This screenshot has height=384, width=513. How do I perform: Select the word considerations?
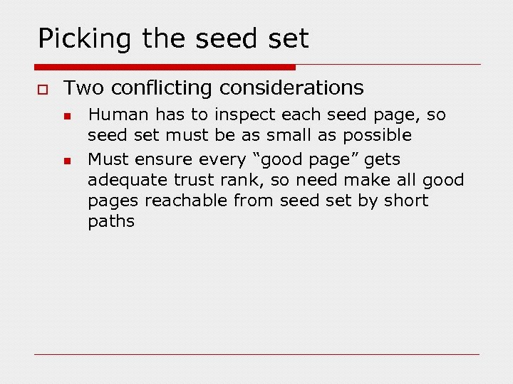(291, 88)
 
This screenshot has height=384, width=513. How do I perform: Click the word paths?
(111, 221)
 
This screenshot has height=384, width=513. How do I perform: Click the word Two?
(84, 88)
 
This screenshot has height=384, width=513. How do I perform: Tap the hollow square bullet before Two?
(43, 89)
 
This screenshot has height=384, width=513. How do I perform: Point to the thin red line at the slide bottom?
(256, 354)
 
